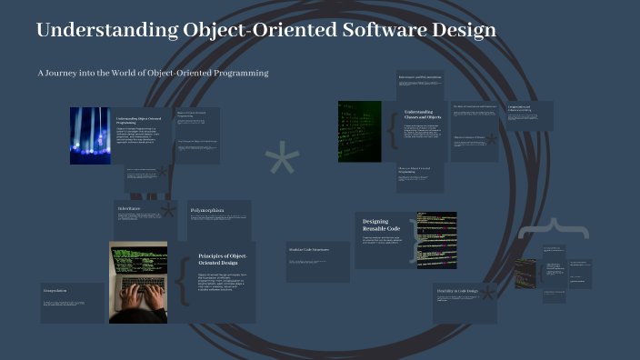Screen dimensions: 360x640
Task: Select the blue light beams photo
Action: pyautogui.click(x=90, y=135)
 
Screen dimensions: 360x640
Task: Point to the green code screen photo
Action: pyautogui.click(x=360, y=131)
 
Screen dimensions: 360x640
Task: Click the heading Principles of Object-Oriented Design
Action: pyautogui.click(x=222, y=260)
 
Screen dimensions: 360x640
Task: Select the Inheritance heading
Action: pyautogui.click(x=131, y=208)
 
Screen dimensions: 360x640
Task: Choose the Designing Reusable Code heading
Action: pyautogui.click(x=376, y=225)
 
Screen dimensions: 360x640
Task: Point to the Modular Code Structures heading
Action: pyautogui.click(x=308, y=249)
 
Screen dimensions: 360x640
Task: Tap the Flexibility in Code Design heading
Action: pyautogui.click(x=461, y=292)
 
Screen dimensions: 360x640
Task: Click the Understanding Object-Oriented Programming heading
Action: pyautogui.click(x=138, y=121)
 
